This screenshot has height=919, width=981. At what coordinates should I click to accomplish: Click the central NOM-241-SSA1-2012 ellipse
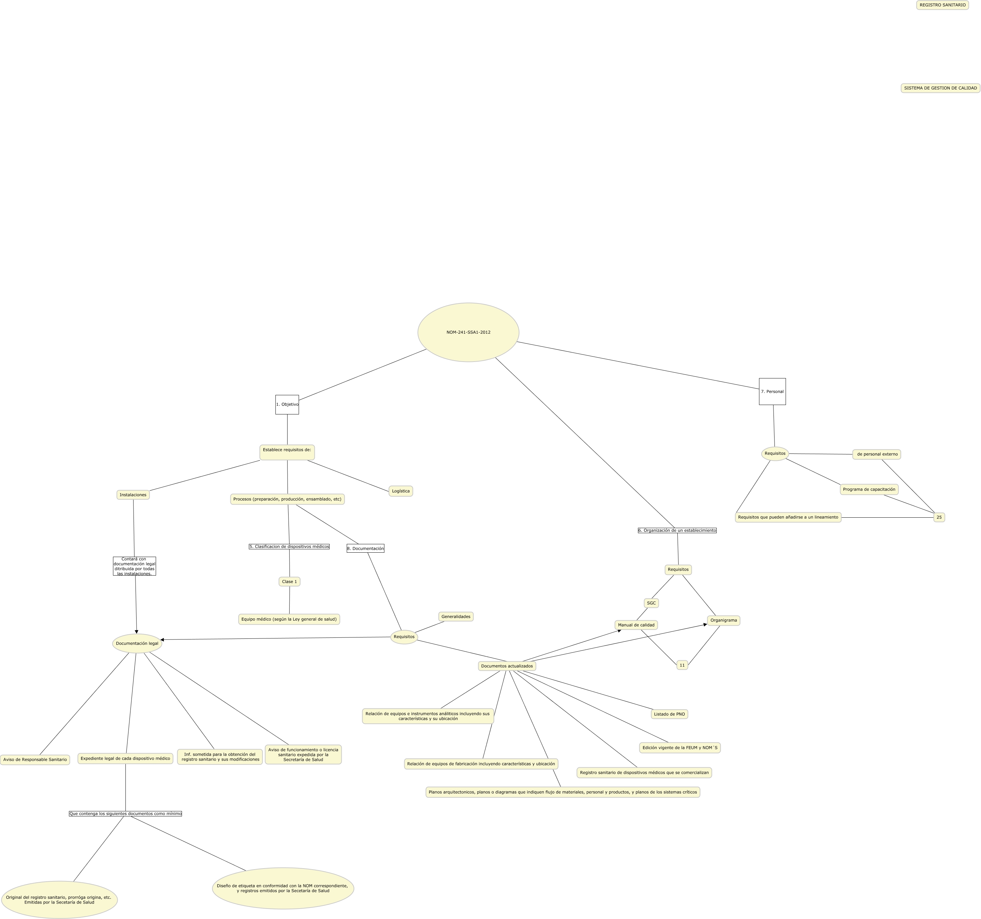click(468, 332)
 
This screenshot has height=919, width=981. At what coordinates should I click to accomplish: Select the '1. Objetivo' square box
click(287, 404)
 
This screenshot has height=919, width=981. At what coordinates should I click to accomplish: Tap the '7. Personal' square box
click(772, 392)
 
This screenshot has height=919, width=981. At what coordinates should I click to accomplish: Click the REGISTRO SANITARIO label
click(943, 5)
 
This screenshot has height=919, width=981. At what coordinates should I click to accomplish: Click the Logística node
click(401, 491)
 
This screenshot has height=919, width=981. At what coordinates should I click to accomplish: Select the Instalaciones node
click(133, 494)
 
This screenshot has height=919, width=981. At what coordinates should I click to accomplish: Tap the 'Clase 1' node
click(290, 581)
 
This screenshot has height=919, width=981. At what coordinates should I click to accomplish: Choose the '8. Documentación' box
click(366, 548)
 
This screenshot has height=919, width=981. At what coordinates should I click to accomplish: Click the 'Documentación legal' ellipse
click(137, 643)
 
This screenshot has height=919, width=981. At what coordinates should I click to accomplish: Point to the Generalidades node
click(456, 617)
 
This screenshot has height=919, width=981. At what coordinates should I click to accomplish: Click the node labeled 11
click(682, 665)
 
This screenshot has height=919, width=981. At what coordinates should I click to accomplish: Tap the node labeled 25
click(939, 517)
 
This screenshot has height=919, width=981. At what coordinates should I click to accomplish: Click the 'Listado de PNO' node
click(670, 714)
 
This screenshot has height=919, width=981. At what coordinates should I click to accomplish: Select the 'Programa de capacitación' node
click(869, 490)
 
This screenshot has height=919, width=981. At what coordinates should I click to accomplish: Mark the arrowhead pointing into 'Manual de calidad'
click(619, 631)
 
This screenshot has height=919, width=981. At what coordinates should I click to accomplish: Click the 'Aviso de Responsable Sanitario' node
click(35, 760)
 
